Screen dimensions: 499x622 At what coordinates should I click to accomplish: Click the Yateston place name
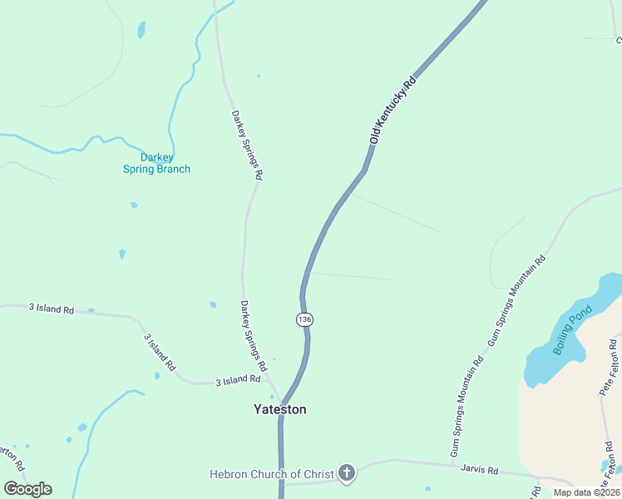[279, 409]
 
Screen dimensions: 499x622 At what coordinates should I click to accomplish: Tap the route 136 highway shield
[304, 319]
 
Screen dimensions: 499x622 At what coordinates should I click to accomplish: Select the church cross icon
[347, 473]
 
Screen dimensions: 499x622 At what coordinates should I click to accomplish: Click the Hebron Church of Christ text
[271, 474]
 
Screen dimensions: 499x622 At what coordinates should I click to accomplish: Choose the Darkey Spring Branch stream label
[156, 163]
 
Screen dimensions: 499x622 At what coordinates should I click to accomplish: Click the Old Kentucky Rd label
[392, 112]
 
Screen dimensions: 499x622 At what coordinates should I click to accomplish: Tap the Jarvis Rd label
[479, 470]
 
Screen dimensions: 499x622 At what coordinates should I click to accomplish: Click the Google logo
[27, 489]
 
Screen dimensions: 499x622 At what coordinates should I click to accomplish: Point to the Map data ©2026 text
[586, 492]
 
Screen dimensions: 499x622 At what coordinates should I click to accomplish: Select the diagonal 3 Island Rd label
[160, 352]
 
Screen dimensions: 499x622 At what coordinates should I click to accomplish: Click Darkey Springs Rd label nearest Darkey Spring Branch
[247, 146]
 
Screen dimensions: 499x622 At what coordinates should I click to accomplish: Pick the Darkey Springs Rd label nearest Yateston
[254, 335]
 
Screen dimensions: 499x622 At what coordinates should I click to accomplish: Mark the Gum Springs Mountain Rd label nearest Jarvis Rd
[466, 408]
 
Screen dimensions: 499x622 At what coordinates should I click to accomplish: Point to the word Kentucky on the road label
[392, 111]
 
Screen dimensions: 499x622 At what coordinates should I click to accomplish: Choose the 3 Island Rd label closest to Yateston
[238, 380]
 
